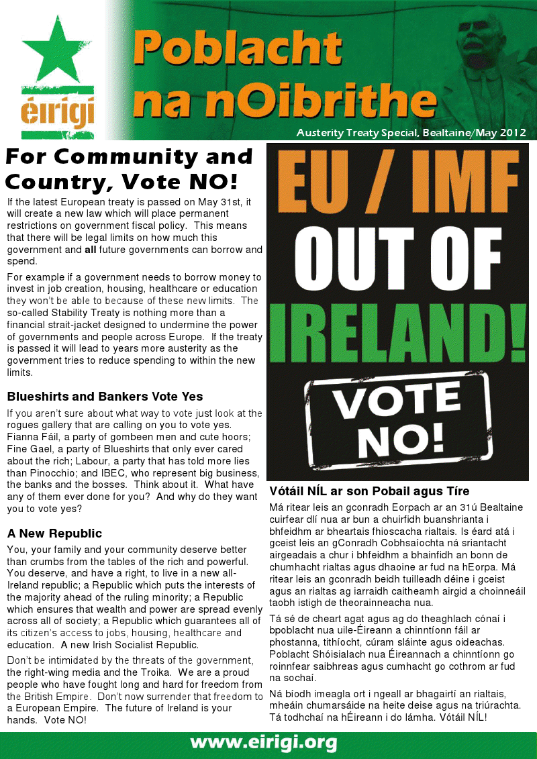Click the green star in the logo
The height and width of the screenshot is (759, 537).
(x=57, y=50)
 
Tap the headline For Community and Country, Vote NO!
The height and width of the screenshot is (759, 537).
(x=129, y=169)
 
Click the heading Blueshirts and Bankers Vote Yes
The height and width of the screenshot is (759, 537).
(x=105, y=396)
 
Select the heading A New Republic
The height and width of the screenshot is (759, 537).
(x=54, y=534)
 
